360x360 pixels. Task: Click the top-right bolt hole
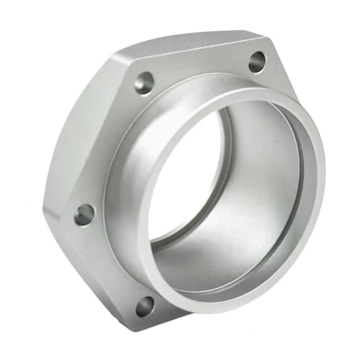click(x=257, y=62)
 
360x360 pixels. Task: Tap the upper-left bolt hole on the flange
click(x=144, y=83)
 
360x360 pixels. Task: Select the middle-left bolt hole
click(x=84, y=215)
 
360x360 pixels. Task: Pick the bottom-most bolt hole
click(x=145, y=306)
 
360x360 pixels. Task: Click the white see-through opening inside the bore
click(x=180, y=180)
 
